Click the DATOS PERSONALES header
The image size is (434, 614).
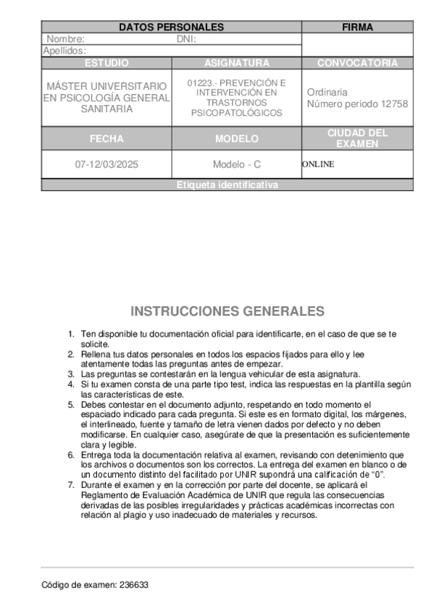(x=171, y=28)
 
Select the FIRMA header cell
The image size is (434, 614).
(x=357, y=28)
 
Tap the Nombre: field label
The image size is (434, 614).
(x=66, y=39)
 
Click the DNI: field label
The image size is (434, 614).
(x=187, y=39)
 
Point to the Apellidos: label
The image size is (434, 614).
(x=65, y=51)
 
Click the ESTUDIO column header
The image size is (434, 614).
(x=107, y=63)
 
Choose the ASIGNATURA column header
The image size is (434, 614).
(x=236, y=63)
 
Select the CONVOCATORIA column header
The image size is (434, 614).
(x=357, y=63)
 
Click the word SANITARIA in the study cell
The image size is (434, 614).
(x=107, y=109)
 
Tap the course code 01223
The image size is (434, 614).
(x=200, y=83)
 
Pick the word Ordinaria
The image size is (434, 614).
(x=327, y=93)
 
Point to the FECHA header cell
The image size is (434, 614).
(x=107, y=138)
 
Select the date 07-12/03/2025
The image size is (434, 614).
(x=107, y=164)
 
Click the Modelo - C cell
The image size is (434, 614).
(x=236, y=164)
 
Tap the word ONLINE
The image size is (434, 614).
(x=318, y=164)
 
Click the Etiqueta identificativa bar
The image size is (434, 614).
(x=227, y=185)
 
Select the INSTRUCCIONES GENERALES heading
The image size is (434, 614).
(x=227, y=311)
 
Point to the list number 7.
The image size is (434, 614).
(x=71, y=484)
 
